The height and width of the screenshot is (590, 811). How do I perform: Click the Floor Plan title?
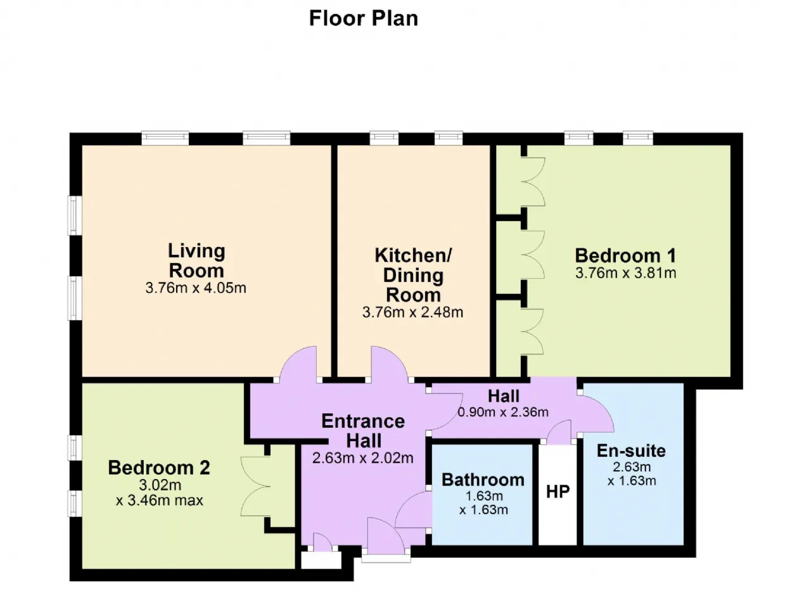(x=364, y=18)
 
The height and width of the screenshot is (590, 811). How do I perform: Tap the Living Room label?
(x=196, y=260)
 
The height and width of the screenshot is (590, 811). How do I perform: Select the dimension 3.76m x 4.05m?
(x=196, y=288)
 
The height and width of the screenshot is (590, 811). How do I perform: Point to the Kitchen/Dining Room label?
(x=413, y=275)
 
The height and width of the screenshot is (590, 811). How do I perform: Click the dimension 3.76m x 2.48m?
(x=412, y=312)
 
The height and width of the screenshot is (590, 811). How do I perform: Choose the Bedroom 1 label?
(x=625, y=255)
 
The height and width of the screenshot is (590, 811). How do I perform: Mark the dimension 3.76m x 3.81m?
(x=625, y=273)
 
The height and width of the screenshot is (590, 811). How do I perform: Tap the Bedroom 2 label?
(x=159, y=468)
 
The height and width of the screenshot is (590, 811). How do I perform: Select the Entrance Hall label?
(x=363, y=431)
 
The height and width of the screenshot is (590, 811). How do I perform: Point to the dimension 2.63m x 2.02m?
(x=363, y=458)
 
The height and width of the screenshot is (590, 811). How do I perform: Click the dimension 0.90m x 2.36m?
(x=503, y=412)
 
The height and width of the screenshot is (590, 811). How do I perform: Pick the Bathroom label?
(x=483, y=480)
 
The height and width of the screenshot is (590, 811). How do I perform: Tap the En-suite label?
(x=631, y=451)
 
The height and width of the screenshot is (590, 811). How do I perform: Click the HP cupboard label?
(x=558, y=492)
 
